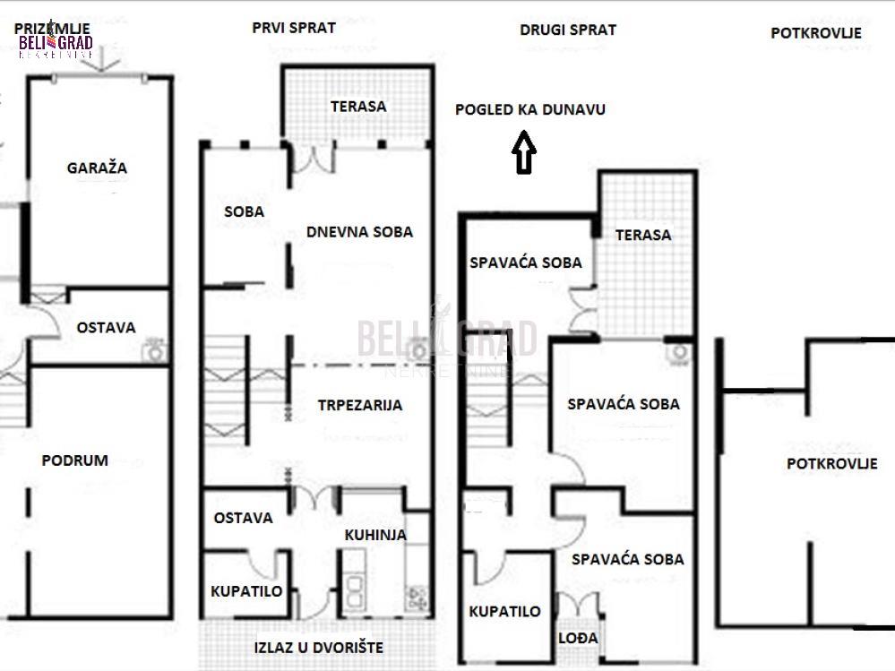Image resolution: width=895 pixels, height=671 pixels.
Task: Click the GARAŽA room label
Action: [97, 168]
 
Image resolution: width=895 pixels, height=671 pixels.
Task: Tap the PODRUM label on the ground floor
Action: [74, 460]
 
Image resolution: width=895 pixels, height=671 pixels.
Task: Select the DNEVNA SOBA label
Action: [359, 232]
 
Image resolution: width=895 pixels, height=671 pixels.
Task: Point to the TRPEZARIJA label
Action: [360, 405]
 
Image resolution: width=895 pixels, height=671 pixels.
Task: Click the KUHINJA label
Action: [375, 535]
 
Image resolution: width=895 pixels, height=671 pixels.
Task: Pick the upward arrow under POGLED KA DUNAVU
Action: [524, 151]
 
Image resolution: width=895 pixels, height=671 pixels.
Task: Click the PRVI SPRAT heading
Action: [294, 28]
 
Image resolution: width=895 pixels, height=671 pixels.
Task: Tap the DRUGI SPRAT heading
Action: [568, 30]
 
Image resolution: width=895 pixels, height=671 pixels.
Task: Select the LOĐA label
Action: [578, 638]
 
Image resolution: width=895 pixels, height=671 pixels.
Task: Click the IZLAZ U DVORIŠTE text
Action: [319, 648]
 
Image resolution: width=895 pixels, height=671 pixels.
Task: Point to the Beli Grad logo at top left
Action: [56, 40]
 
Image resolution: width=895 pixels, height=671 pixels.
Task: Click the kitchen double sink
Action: [355, 590]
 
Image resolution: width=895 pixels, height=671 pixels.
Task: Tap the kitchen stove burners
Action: [417, 598]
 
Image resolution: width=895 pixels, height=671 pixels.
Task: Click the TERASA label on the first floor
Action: [358, 106]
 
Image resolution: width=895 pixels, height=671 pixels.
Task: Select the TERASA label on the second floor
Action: [643, 235]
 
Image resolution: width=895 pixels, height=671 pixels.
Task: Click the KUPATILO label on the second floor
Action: [504, 611]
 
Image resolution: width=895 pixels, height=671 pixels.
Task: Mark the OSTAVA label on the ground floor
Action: [107, 328]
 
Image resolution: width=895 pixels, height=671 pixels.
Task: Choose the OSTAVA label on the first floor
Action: [243, 518]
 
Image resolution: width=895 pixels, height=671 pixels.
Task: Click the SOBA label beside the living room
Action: [245, 211]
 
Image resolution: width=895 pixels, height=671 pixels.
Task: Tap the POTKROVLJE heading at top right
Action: [816, 32]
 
